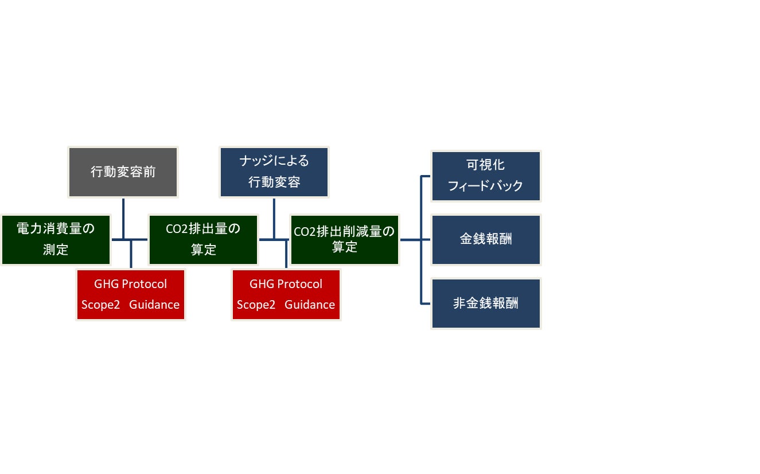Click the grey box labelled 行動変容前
[x=123, y=172]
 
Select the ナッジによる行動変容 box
[x=274, y=172]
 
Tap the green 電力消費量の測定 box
[x=56, y=240]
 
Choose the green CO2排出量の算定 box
[x=203, y=240]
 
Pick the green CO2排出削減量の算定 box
[x=345, y=240]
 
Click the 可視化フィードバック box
[x=486, y=176]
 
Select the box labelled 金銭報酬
[x=486, y=240]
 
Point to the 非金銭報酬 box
[x=486, y=304]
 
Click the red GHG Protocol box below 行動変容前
[x=131, y=294]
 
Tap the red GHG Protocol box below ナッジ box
[x=286, y=294]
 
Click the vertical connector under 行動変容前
[x=124, y=218]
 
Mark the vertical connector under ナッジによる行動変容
[x=274, y=218]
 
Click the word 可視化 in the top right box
[x=486, y=165]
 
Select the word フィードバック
[x=486, y=187]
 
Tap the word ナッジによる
[x=274, y=161]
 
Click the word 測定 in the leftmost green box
[x=56, y=250]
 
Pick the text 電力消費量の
[x=56, y=229]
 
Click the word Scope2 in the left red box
[x=100, y=305]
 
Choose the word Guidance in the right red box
[x=310, y=305]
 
